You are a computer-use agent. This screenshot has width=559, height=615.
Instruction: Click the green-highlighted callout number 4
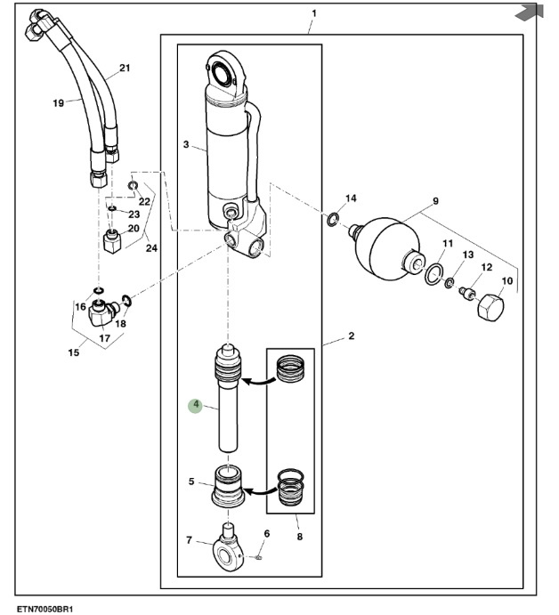[195, 406]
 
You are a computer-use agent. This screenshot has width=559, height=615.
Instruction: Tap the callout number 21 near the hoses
[124, 69]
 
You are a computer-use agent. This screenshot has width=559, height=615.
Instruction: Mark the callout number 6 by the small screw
[264, 534]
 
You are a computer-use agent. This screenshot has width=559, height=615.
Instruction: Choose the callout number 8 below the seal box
[299, 537]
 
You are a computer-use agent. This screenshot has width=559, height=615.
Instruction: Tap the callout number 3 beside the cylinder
[185, 144]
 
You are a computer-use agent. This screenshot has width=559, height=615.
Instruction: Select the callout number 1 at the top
[313, 14]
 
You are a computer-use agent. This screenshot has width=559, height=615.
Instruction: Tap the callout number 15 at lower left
[74, 353]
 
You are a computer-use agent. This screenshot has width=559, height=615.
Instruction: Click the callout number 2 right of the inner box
[351, 336]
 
